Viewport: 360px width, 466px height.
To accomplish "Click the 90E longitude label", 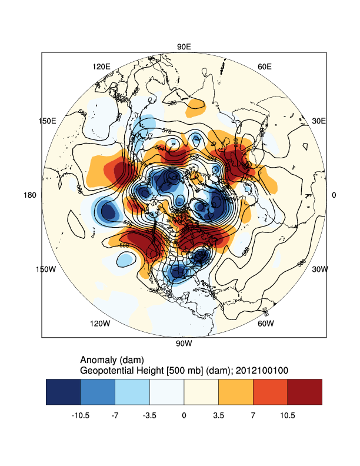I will click(184, 46).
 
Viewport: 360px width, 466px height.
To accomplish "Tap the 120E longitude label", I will click(101, 66).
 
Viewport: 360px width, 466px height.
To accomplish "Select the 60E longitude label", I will click(265, 66).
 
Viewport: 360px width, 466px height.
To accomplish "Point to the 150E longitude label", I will click(47, 121).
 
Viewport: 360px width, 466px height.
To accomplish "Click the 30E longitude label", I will click(318, 121).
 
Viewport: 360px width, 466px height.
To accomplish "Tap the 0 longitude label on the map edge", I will click(334, 195).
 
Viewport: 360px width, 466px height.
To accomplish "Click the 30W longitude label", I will click(319, 269).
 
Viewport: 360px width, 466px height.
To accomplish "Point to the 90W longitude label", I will click(184, 344).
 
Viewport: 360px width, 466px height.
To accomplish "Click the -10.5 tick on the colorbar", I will click(80, 415).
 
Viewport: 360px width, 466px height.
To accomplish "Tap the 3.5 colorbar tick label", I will click(218, 415).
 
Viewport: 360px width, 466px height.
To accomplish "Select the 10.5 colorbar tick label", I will click(288, 415).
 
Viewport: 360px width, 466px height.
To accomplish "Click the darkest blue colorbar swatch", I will click(63, 392).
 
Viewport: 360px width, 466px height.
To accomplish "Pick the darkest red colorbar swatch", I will click(305, 392).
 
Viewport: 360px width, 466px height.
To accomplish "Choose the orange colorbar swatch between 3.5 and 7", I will click(236, 392).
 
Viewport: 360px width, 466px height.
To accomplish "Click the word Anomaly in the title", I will click(97, 360).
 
